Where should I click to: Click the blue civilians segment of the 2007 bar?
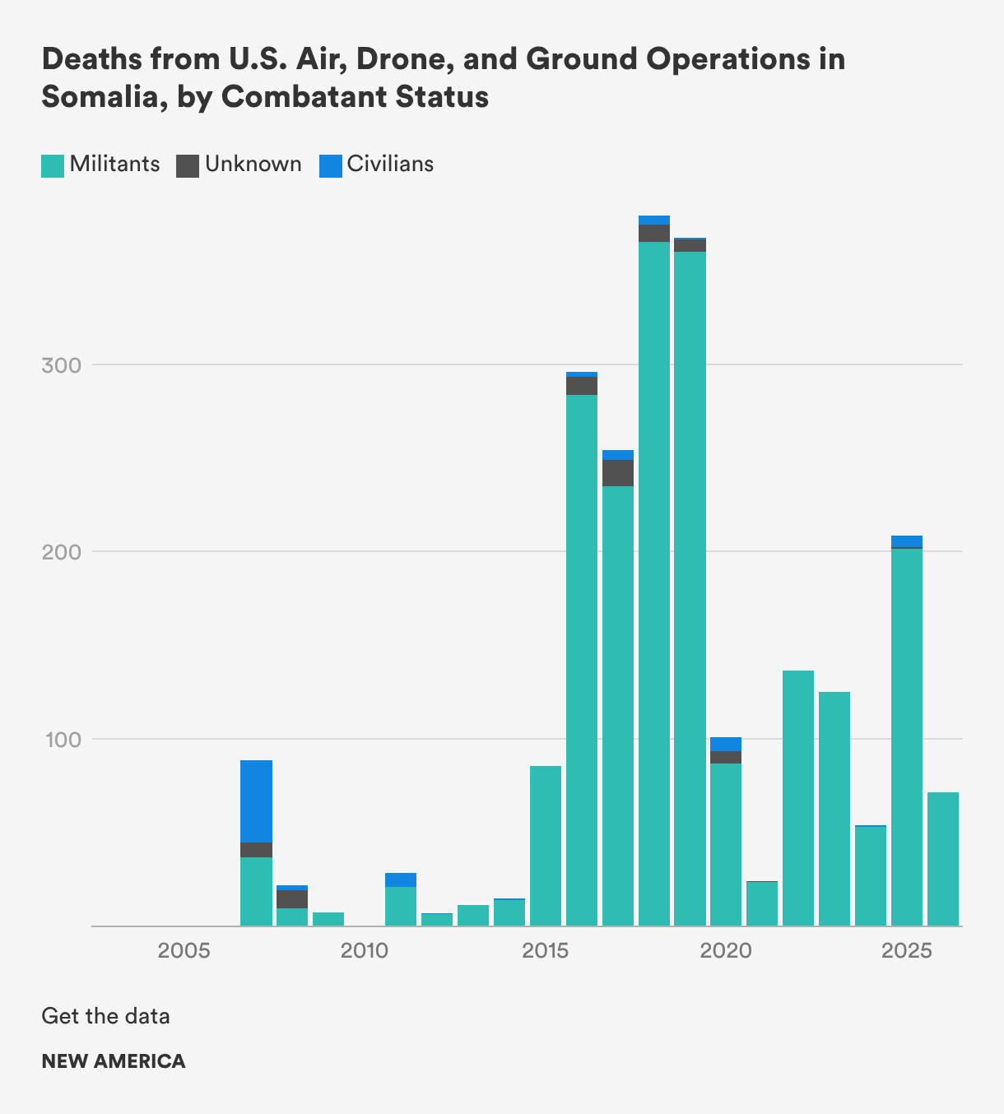pyautogui.click(x=256, y=801)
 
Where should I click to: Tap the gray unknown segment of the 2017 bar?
pyautogui.click(x=618, y=473)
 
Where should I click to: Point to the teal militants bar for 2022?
pyautogui.click(x=798, y=798)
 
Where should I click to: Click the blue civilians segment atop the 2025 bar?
pyautogui.click(x=907, y=541)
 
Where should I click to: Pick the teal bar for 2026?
pyautogui.click(x=943, y=859)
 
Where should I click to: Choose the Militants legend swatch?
pyautogui.click(x=53, y=165)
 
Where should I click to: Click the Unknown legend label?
pyautogui.click(x=253, y=164)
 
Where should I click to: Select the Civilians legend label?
pyautogui.click(x=390, y=164)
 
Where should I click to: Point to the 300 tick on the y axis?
pyautogui.click(x=62, y=364)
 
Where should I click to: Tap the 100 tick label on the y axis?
pyautogui.click(x=62, y=739)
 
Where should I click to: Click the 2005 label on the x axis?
pyautogui.click(x=184, y=951)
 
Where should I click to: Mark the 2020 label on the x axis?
pyautogui.click(x=726, y=951)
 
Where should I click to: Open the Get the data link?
pyautogui.click(x=105, y=1016)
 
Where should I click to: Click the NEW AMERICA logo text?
pyautogui.click(x=114, y=1061)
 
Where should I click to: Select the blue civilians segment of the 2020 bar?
pyautogui.click(x=726, y=744)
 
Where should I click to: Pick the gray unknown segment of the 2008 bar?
pyautogui.click(x=292, y=898)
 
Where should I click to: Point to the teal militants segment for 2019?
pyautogui.click(x=690, y=588)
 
